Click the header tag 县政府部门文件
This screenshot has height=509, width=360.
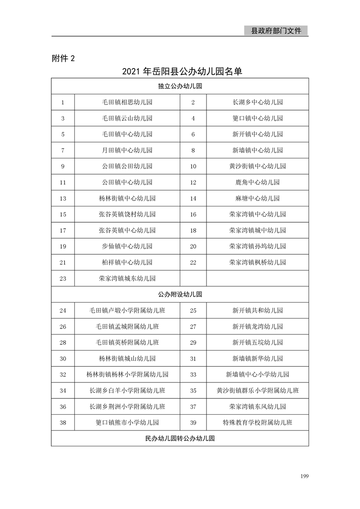tap(276, 31)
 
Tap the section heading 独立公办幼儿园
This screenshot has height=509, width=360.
tap(180, 86)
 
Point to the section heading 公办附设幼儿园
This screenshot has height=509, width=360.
tap(180, 294)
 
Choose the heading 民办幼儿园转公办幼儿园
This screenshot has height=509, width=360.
tap(180, 439)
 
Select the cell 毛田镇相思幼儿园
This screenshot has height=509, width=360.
tap(127, 102)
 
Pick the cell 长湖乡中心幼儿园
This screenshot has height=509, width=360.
tap(257, 102)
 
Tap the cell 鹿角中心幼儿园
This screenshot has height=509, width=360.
tap(257, 182)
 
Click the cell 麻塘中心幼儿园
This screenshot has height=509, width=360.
tap(257, 198)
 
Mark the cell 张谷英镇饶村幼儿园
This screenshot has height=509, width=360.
tap(127, 214)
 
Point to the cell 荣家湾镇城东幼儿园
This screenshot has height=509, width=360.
tap(127, 279)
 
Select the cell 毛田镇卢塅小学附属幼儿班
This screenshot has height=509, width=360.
tap(127, 311)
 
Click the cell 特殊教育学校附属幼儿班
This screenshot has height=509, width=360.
tap(257, 423)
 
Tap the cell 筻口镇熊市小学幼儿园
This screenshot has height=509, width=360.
tap(127, 423)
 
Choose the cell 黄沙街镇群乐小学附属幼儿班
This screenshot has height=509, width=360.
tap(257, 391)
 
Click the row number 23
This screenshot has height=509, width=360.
tap(63, 279)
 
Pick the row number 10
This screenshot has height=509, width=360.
tap(193, 166)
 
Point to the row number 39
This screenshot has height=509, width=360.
tap(193, 423)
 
